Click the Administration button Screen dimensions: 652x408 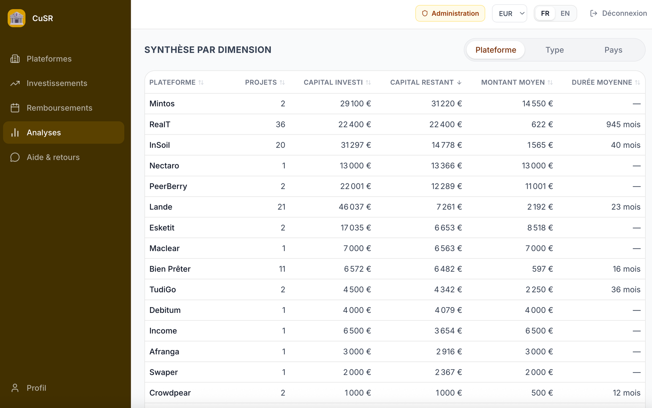point(450,13)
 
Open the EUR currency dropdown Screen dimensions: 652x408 point(510,13)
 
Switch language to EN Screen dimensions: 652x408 point(565,13)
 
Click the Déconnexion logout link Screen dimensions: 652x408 point(618,13)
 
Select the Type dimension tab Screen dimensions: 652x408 point(555,50)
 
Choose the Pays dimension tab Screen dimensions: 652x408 point(613,50)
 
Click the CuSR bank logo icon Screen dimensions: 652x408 point(16,18)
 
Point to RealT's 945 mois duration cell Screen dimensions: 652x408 point(623,124)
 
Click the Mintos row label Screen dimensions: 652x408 point(162,104)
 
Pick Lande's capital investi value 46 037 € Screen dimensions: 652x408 point(355,207)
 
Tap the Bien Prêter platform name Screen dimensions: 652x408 point(170,269)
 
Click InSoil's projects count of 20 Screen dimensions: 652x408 point(280,145)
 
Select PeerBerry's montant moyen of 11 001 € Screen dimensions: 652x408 point(539,186)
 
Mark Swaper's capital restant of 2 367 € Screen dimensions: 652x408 point(448,372)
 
